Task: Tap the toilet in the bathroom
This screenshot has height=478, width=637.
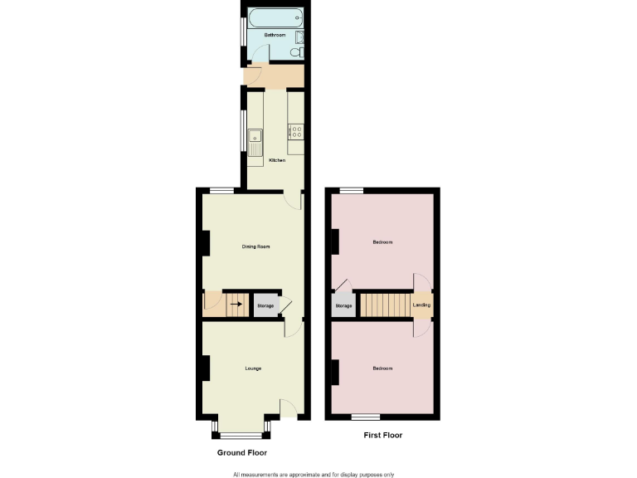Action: [295, 51]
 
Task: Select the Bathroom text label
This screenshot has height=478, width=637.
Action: [275, 36]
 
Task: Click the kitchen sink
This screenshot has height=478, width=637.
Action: [255, 138]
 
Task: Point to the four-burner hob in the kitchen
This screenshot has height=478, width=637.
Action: [296, 130]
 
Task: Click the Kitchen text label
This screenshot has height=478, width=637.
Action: [276, 160]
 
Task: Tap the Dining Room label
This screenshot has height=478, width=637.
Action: [255, 246]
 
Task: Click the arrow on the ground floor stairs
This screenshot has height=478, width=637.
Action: [236, 305]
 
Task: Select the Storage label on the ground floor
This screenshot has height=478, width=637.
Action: [265, 306]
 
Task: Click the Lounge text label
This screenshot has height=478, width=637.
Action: [253, 368]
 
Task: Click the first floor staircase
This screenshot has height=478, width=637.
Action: [384, 305]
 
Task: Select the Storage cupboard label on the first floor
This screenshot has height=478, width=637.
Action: [343, 306]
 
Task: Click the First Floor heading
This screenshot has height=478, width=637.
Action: [383, 435]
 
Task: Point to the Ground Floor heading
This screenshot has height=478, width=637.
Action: [242, 452]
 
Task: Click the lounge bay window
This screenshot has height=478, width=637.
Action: [241, 433]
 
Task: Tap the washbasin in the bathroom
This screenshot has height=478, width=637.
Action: [299, 37]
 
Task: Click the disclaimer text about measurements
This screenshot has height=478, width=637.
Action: [319, 473]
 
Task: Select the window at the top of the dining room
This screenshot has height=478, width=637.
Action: [221, 191]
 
